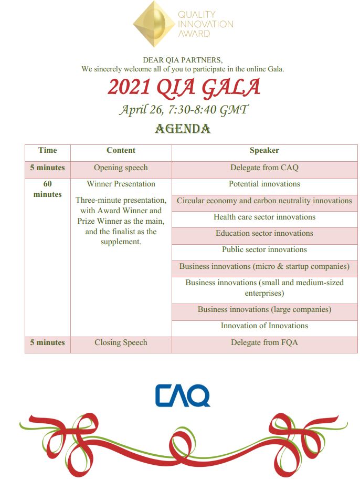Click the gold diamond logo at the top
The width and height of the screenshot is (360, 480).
pos(154,23)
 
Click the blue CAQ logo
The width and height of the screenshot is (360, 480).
pos(183,395)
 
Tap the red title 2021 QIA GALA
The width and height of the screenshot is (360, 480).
pos(184,87)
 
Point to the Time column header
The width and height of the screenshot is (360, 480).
pos(47,150)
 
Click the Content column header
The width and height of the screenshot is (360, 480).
pos(121,150)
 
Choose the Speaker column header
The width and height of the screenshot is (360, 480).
pos(264,150)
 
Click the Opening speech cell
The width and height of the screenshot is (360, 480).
pos(121,168)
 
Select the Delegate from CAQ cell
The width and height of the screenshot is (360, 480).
pos(264,168)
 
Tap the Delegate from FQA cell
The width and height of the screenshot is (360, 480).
pos(264,342)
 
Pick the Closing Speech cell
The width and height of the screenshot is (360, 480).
pos(121,342)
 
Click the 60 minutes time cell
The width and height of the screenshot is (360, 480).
pos(47,189)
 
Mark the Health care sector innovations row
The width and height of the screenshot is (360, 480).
pos(264,217)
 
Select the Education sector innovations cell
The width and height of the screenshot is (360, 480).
pos(264,233)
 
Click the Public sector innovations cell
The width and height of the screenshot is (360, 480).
pos(264,249)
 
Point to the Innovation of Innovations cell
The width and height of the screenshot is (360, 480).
pos(264,326)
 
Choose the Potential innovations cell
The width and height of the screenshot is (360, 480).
pos(264,184)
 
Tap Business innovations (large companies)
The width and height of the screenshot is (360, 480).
pos(264,309)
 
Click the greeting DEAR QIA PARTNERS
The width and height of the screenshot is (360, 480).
pos(183,60)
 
